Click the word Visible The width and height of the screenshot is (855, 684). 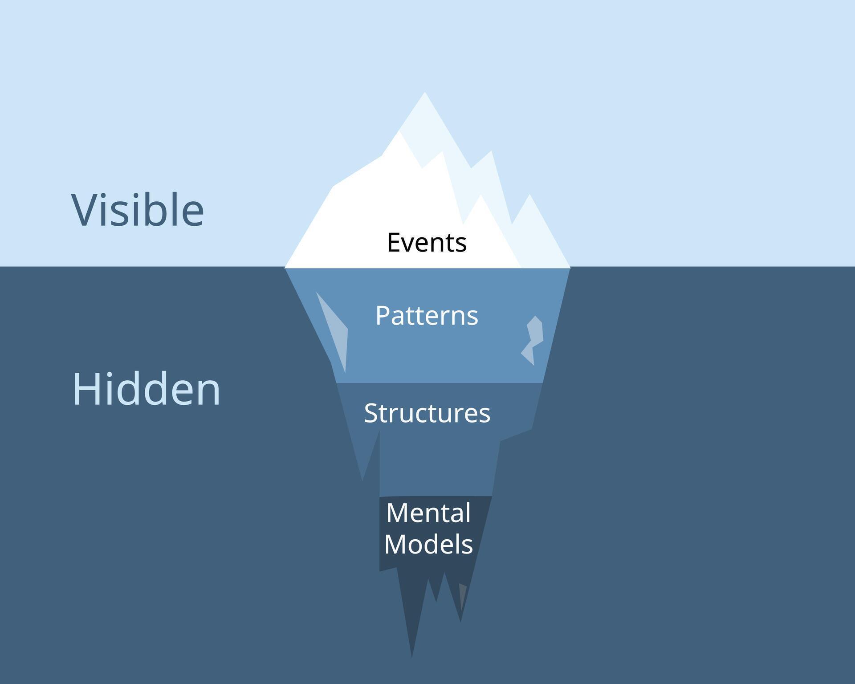138,210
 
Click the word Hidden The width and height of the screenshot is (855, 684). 147,389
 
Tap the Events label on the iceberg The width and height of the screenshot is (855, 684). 427,243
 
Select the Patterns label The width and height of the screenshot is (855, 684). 427,316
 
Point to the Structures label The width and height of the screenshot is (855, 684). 427,413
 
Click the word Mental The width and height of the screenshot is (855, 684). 428,513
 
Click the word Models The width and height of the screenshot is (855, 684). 428,544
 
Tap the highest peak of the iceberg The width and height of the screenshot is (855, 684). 424,94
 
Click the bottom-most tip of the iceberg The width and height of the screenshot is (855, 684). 411,655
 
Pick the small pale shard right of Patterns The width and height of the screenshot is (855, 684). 533,340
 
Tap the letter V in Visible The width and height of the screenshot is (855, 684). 85,210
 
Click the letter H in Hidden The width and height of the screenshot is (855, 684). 85,389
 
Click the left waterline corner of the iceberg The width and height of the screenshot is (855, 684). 286,267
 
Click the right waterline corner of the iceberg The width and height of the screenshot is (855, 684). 570,267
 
